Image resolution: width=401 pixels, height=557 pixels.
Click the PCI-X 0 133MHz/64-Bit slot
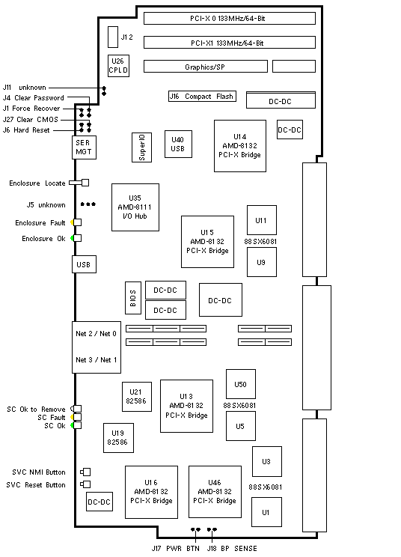click(x=229, y=19)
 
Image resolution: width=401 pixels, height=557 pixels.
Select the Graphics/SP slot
click(x=206, y=67)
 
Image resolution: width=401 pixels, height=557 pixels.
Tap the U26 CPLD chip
click(x=118, y=66)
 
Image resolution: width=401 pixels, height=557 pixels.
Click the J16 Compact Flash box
click(x=202, y=97)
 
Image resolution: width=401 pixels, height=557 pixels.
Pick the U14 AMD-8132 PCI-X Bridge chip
click(x=240, y=146)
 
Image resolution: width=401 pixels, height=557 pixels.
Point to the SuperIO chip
click(x=141, y=147)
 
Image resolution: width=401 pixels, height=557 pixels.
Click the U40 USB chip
click(x=178, y=144)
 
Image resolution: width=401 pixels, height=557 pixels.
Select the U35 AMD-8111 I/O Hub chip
click(x=135, y=207)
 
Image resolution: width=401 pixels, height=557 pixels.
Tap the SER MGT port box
click(x=84, y=147)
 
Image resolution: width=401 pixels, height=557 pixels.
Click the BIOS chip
click(x=133, y=298)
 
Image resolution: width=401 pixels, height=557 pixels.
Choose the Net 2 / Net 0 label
click(x=96, y=334)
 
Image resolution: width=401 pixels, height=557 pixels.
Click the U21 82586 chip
click(x=137, y=397)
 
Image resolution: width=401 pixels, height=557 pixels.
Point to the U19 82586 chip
click(x=118, y=438)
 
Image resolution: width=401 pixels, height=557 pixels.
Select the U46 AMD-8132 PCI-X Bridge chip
click(x=215, y=492)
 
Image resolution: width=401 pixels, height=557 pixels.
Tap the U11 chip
click(x=262, y=220)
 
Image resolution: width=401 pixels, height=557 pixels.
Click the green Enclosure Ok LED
click(x=73, y=238)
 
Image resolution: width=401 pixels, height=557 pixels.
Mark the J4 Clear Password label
click(x=34, y=97)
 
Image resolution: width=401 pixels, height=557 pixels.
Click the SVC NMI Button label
click(x=39, y=472)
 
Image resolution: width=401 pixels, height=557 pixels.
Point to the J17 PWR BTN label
click(x=175, y=549)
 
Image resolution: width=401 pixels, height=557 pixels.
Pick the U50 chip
click(x=241, y=384)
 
